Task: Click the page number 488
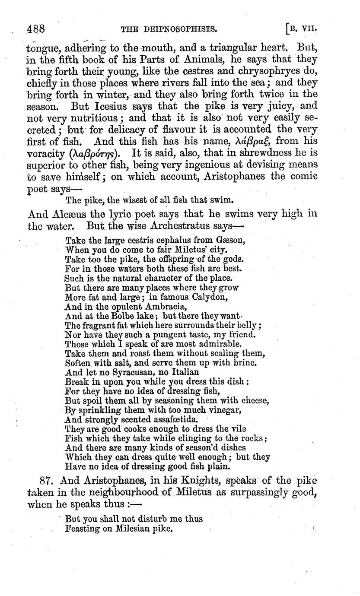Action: (x=36, y=29)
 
